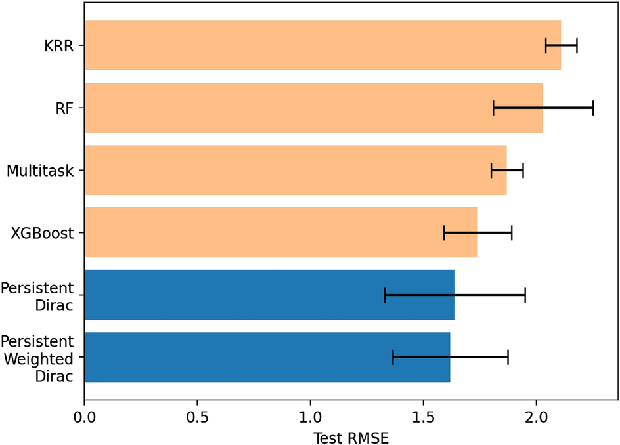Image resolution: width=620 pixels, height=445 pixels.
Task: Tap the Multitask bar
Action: [x=296, y=170]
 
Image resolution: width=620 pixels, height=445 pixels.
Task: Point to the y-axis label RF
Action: [x=64, y=108]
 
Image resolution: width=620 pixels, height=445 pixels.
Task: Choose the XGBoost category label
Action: [x=43, y=233]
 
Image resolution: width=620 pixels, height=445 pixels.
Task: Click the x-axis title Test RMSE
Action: [x=351, y=436]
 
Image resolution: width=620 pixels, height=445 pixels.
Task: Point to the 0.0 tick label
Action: [x=84, y=416]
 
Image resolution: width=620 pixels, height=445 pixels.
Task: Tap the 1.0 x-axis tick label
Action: [x=310, y=416]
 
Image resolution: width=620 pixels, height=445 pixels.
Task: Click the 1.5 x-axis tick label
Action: [x=423, y=416]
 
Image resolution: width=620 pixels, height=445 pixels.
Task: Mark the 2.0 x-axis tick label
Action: [x=536, y=416]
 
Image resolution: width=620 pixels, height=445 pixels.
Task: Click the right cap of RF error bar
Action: [x=593, y=108]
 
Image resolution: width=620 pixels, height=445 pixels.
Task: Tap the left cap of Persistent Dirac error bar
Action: [x=385, y=295]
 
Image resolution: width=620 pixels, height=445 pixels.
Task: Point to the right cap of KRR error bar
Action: [x=577, y=45]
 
